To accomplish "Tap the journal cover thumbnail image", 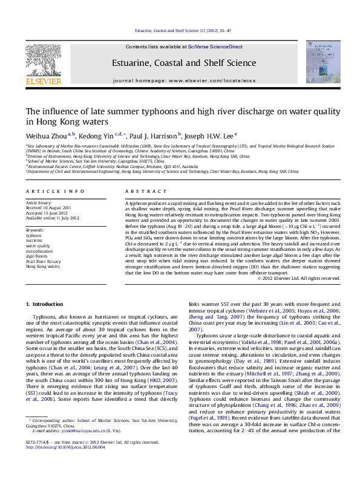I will [x=323, y=62].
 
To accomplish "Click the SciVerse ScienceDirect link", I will [x=215, y=47].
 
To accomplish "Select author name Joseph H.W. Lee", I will [x=210, y=135].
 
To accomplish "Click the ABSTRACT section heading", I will [x=138, y=191].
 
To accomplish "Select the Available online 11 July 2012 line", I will [x=53, y=218].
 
